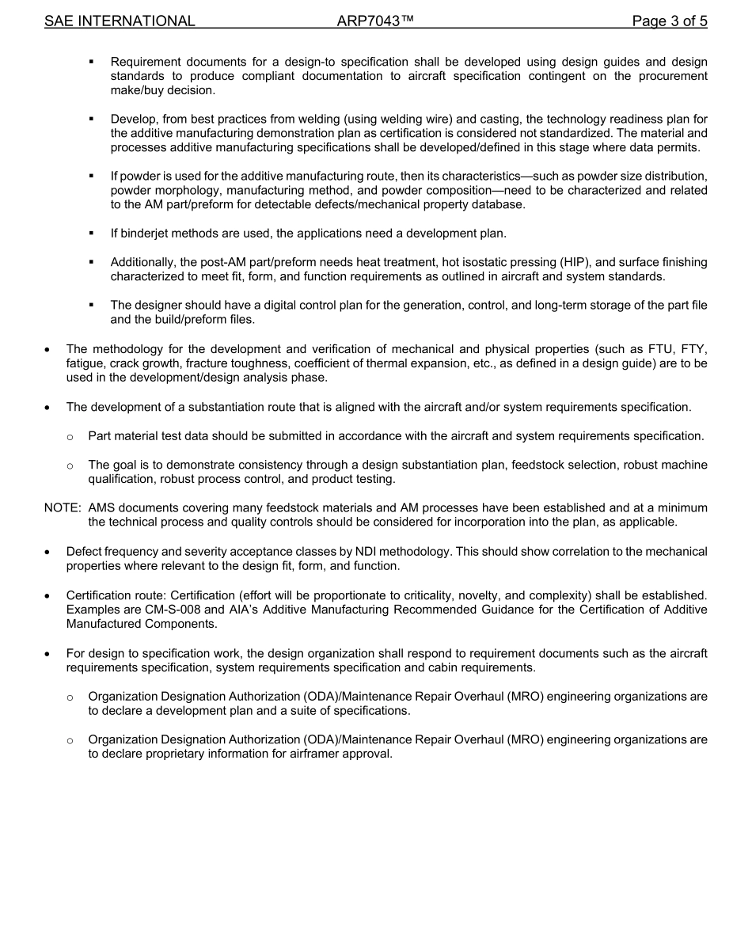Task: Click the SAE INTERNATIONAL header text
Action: pyautogui.click(x=120, y=21)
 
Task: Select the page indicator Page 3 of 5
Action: pyautogui.click(x=670, y=21)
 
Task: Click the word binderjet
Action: pyautogui.click(x=146, y=234)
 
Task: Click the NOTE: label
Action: pyautogui.click(x=63, y=507)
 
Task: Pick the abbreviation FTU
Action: pyautogui.click(x=651, y=349)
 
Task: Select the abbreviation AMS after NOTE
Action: pyautogui.click(x=103, y=507)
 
